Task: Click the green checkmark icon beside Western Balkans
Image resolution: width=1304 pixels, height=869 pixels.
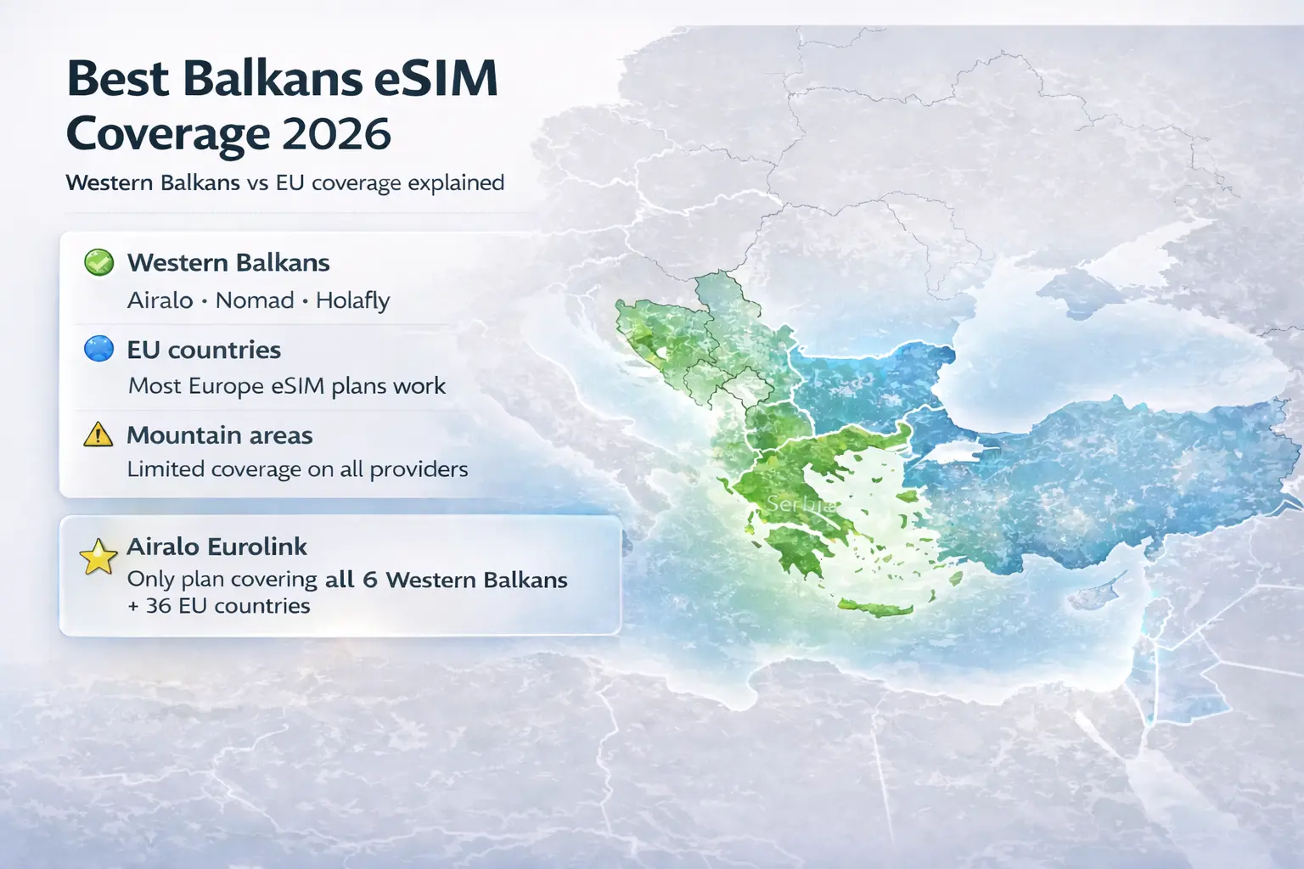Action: point(99,263)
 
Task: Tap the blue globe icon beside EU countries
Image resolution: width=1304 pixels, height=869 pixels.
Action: point(99,349)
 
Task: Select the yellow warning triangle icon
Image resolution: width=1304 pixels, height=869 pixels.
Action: point(98,434)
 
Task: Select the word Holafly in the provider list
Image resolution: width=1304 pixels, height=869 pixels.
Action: point(352,300)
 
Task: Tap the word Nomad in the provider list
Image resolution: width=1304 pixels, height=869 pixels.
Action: point(255,300)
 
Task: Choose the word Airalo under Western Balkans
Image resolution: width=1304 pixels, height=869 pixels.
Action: point(160,300)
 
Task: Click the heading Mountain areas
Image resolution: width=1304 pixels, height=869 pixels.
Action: point(220,435)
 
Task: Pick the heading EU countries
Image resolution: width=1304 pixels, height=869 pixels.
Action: point(204,350)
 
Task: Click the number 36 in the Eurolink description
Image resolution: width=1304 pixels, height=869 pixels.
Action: point(159,606)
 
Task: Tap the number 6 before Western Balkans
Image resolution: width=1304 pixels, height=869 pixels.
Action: point(369,580)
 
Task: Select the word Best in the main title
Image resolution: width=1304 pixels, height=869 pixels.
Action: point(118,79)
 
